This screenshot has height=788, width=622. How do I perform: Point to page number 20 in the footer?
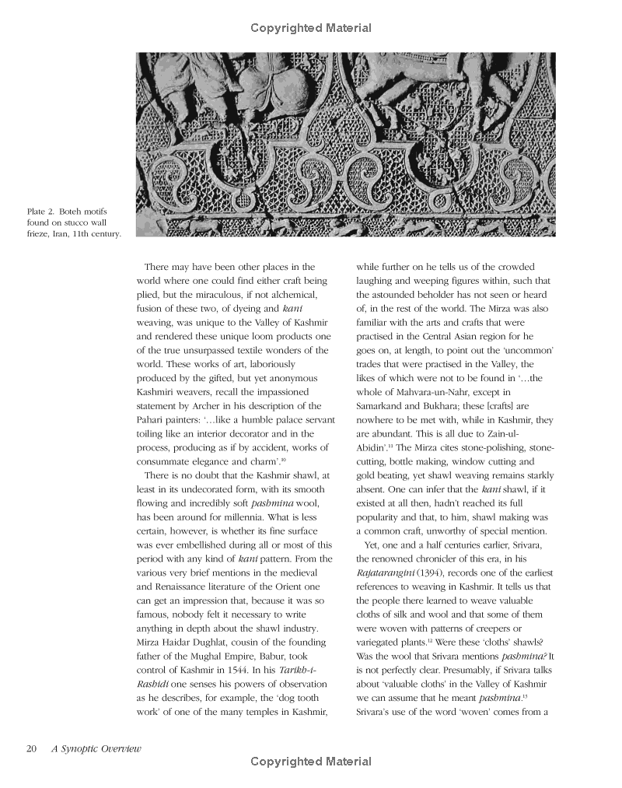[x=31, y=748]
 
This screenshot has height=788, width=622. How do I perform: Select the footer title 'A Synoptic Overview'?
[x=96, y=748]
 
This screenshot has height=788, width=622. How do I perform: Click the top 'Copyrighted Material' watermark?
[x=311, y=28]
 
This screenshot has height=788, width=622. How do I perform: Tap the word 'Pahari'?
[x=152, y=420]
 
